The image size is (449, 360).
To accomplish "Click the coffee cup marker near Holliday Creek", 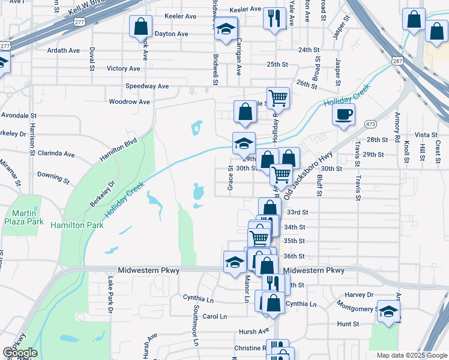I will [343, 115].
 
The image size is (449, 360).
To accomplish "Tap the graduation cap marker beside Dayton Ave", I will [226, 29].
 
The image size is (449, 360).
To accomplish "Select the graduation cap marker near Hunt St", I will [389, 311].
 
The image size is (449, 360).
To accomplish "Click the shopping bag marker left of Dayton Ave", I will [140, 27].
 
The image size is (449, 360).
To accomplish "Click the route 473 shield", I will [370, 124].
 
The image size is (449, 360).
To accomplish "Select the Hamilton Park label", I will [77, 225].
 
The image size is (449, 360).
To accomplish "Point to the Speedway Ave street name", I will [147, 86].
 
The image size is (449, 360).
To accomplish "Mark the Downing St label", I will [54, 176].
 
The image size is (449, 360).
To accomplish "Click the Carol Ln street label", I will [214, 316].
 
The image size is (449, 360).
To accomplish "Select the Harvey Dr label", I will [360, 295].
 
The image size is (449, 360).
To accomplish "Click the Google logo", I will [20, 353].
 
